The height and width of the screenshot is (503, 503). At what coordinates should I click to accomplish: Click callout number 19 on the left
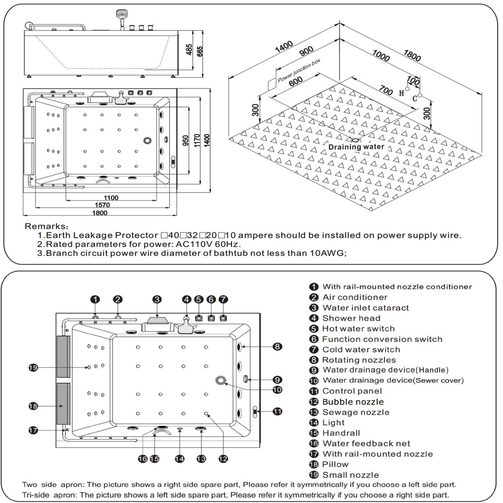[33, 368]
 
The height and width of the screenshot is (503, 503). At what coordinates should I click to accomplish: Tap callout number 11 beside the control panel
[278, 412]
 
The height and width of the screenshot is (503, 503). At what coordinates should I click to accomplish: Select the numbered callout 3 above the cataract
[157, 299]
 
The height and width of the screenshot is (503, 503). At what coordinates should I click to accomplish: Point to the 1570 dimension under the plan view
[102, 205]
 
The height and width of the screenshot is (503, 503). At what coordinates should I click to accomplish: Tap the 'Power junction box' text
[299, 72]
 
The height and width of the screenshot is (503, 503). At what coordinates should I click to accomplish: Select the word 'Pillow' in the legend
[335, 464]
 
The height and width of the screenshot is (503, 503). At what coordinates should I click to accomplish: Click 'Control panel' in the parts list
[352, 391]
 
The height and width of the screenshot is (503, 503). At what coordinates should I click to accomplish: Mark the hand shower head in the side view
[120, 15]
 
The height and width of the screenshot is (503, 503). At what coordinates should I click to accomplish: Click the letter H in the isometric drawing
[401, 92]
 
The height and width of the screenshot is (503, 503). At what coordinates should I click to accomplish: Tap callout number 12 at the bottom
[223, 459]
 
